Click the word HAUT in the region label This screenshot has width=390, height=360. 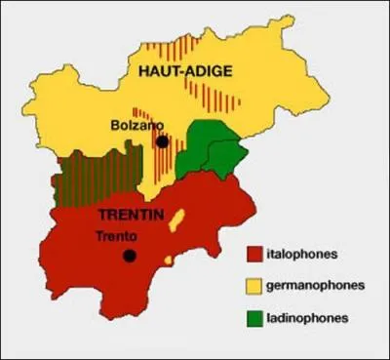pyautogui.click(x=157, y=69)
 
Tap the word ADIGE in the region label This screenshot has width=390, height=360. pyautogui.click(x=203, y=69)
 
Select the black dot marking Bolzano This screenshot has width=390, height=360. pyautogui.click(x=162, y=141)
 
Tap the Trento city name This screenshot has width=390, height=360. pyautogui.click(x=117, y=235)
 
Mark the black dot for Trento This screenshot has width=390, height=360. pyautogui.click(x=128, y=257)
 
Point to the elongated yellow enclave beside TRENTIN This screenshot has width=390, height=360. pyautogui.click(x=177, y=221)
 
